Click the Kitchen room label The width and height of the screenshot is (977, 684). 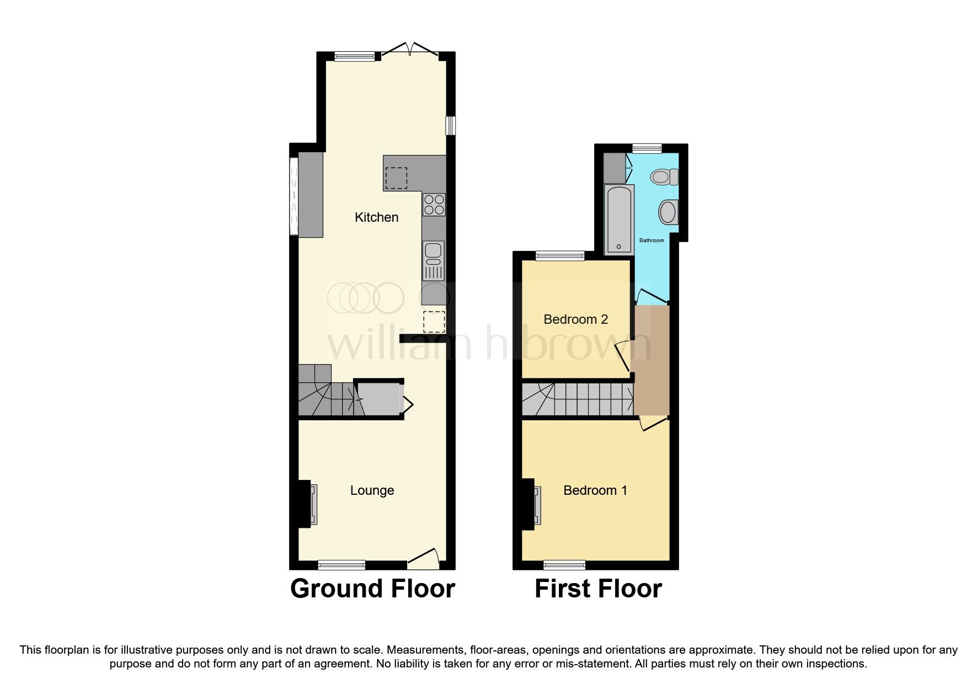pos(376,217)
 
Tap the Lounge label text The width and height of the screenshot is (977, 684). pos(372,490)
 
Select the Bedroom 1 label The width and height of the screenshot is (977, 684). pos(595,490)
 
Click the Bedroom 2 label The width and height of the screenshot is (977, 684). pos(575,319)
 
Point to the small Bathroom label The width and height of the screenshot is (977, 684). pos(651,241)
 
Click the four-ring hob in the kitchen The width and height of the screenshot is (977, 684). pos(434,205)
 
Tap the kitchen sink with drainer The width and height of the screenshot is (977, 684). pos(434,260)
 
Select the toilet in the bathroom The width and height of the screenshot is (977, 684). pos(664,178)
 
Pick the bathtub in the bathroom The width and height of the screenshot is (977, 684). pos(619,220)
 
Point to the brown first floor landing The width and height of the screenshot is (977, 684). pos(652,361)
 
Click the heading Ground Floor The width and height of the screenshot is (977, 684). pos(372,589)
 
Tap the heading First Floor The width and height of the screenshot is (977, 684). pos(598,589)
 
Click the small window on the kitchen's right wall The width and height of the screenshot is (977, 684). pos(451,125)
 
